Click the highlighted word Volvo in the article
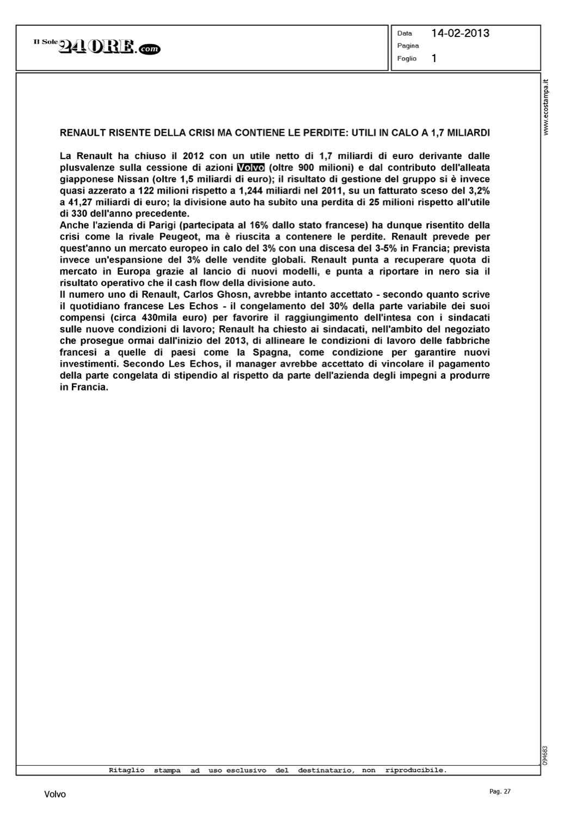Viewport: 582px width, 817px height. point(250,167)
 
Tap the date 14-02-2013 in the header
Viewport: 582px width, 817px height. point(460,33)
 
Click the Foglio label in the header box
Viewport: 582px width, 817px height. point(407,58)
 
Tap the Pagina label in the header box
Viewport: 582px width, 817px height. point(408,46)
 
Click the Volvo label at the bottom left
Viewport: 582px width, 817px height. point(55,795)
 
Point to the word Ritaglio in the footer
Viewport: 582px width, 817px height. point(126,770)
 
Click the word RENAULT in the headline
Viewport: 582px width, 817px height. point(83,132)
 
